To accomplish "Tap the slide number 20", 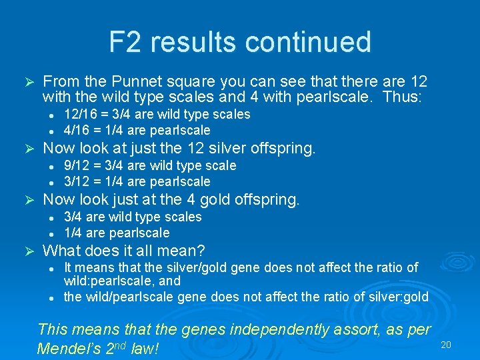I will click(446, 345).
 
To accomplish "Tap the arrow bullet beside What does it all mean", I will click(28, 251).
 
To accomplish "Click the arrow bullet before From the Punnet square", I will click(28, 81).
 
